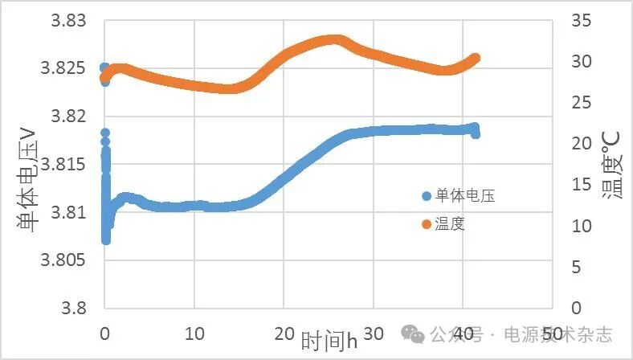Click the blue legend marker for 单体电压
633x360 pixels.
point(427,195)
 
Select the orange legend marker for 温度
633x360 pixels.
point(427,224)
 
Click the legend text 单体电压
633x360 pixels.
point(464,195)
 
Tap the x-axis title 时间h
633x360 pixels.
point(329,341)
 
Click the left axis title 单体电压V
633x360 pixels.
point(27,180)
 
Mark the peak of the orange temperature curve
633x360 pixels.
point(335,40)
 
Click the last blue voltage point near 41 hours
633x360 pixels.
point(475,133)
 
